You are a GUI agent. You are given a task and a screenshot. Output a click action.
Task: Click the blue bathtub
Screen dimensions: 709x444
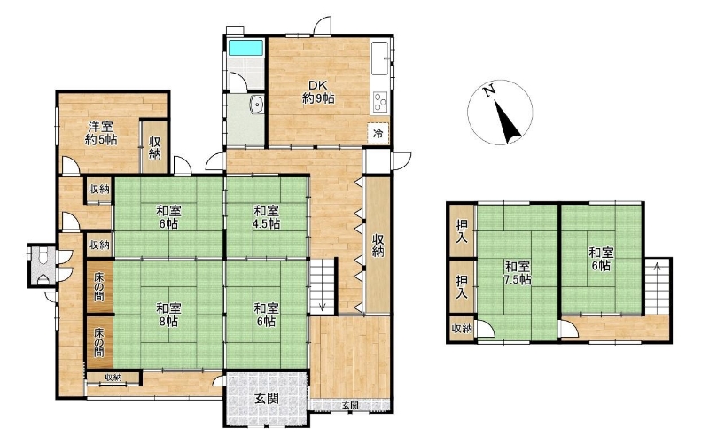click(x=245, y=48)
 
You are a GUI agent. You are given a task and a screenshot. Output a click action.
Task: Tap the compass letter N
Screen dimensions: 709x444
click(x=488, y=92)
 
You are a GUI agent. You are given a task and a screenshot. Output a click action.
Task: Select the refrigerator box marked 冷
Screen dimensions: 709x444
click(x=378, y=134)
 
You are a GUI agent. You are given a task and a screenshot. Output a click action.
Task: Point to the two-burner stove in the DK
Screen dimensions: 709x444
click(x=380, y=102)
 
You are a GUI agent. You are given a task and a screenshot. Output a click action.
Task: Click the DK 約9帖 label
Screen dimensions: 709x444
click(x=318, y=92)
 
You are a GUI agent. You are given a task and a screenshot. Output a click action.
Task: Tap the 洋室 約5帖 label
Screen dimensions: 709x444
click(x=100, y=133)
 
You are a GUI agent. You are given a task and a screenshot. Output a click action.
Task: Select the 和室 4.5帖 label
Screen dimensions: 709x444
click(x=267, y=217)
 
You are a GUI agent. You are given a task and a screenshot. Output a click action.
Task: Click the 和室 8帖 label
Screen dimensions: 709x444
click(x=168, y=315)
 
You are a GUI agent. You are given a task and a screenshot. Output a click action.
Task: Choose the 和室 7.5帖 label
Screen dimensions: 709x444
click(x=518, y=273)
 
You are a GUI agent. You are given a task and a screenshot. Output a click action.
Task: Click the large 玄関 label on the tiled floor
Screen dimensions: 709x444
click(x=267, y=398)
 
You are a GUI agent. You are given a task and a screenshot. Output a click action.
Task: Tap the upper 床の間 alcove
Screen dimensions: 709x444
click(x=99, y=286)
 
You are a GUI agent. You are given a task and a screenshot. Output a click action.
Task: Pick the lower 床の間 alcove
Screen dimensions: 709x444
click(x=99, y=342)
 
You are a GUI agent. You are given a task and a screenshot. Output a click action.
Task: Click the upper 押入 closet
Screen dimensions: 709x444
click(x=462, y=231)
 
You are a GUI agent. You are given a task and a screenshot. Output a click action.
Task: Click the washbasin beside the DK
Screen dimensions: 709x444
click(x=256, y=105)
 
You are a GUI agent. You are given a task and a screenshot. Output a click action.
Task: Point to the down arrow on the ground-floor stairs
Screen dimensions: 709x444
click(x=323, y=307)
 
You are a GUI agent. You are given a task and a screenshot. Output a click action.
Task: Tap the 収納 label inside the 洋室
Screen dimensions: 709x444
click(x=154, y=147)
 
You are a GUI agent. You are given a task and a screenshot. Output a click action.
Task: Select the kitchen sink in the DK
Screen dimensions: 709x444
click(x=380, y=58)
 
